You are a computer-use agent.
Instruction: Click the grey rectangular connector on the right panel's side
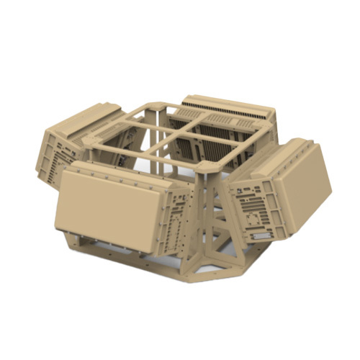[258, 235]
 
